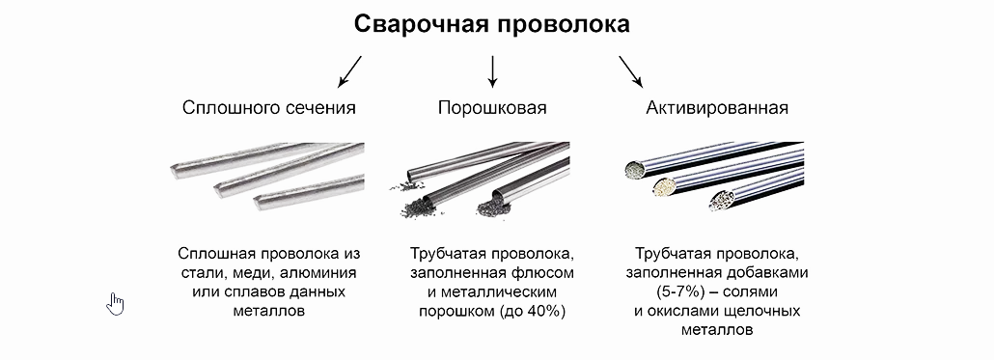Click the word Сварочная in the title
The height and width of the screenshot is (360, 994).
point(419,24)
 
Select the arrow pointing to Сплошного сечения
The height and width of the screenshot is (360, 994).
point(348,70)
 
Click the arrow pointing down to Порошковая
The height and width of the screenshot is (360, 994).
point(492,70)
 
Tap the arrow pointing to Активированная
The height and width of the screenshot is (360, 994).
point(629,70)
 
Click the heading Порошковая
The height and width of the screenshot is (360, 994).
point(492,108)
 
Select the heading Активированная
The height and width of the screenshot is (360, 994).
point(717,108)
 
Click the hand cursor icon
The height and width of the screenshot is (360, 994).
point(117,304)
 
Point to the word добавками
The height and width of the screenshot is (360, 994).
point(761,273)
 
